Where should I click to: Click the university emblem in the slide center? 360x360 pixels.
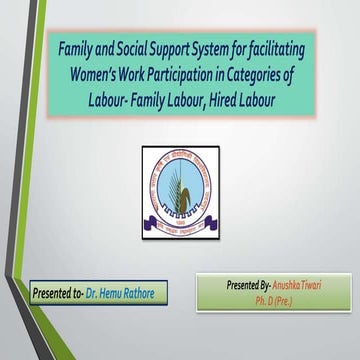pos(179,184)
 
